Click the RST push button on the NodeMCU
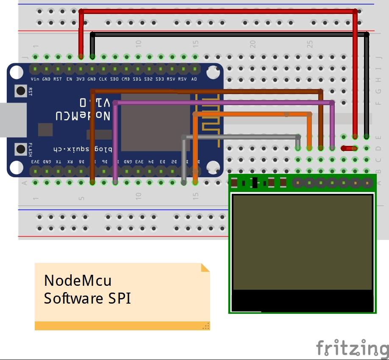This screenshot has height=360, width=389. tap(20, 90)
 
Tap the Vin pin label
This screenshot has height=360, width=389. tap(35, 79)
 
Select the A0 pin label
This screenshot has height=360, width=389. tap(194, 79)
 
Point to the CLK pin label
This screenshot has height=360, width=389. tap(103, 79)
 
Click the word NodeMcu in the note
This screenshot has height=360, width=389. tap(78, 281)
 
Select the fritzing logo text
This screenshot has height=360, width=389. tap(352, 348)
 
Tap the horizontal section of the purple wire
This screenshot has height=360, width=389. tap(220, 103)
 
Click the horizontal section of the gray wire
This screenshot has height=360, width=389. tap(242, 137)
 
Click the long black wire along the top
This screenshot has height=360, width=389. tap(229, 34)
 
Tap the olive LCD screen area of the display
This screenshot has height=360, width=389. tap(302, 242)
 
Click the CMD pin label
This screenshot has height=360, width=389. tap(126, 79)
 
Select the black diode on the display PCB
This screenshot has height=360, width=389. tap(255, 183)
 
